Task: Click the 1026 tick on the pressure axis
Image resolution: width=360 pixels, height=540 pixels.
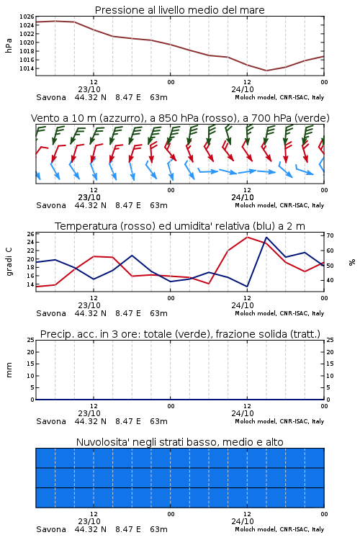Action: (27, 17)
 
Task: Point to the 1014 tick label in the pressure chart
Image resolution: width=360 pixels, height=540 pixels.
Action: (27, 68)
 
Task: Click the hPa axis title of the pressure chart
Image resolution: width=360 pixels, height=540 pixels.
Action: (9, 45)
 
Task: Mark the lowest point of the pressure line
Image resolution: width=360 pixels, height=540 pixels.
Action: (266, 71)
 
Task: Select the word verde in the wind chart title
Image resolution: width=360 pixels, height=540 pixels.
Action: (312, 118)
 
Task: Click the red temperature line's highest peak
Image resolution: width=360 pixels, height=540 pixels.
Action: (247, 237)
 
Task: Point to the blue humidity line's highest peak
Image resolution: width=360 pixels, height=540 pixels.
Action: (266, 237)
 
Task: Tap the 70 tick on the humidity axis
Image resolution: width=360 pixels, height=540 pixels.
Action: (330, 235)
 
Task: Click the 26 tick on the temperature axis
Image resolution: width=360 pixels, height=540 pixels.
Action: (30, 234)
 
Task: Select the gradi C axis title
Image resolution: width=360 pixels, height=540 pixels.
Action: (9, 262)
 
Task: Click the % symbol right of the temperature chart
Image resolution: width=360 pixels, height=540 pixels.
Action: (352, 262)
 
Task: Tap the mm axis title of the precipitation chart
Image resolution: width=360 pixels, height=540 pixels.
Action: (9, 370)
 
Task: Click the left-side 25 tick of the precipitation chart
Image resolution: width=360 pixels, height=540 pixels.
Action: (30, 340)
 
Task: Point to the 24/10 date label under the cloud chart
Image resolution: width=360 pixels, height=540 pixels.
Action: (243, 521)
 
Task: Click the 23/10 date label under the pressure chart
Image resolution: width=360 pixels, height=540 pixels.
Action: (89, 89)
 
